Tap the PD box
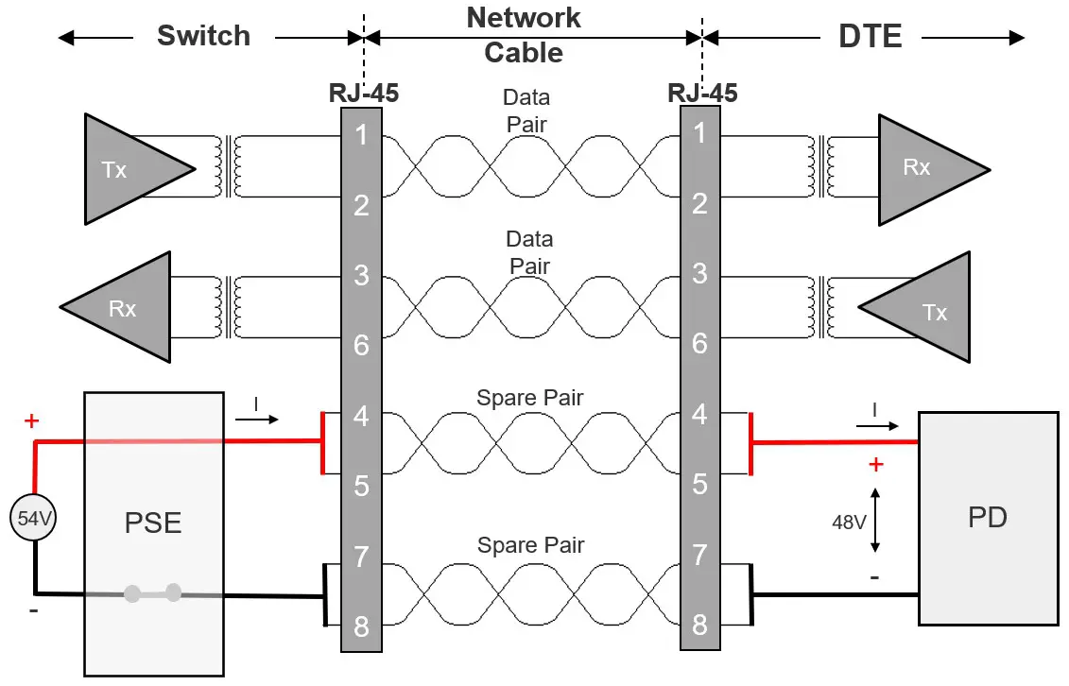tap(988, 518)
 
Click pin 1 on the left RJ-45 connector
tap(361, 134)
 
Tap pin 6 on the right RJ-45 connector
tap(699, 343)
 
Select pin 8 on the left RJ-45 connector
tap(361, 626)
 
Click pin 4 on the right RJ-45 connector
tap(699, 415)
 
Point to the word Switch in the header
tap(203, 36)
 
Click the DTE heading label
tap(870, 36)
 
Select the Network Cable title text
tap(524, 35)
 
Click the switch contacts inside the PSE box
tap(153, 593)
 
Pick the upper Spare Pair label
tap(529, 398)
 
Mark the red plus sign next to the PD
tap(875, 464)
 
